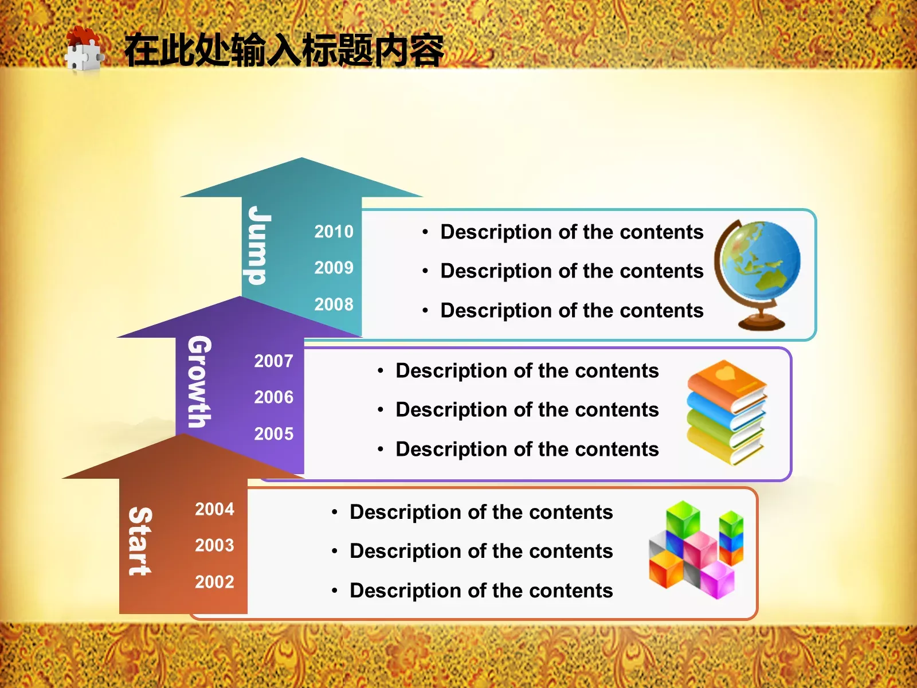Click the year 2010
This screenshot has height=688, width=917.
tap(334, 232)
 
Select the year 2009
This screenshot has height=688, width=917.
tap(334, 268)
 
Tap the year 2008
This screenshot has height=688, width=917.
tap(334, 304)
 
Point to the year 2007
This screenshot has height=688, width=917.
tap(273, 361)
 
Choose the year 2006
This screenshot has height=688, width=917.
tap(273, 397)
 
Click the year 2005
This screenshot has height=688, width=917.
tap(273, 434)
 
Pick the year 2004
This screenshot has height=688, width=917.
tap(214, 509)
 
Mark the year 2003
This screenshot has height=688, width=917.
tap(214, 545)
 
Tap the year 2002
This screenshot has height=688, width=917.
tap(214, 582)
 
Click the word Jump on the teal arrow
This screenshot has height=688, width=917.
tap(259, 245)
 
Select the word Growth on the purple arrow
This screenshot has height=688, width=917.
tap(200, 381)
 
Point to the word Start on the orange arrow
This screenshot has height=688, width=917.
tap(140, 541)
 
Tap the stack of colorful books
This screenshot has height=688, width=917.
tap(727, 412)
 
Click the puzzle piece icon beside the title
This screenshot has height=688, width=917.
tap(84, 50)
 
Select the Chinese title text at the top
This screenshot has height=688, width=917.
tap(284, 50)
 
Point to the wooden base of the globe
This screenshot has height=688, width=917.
tap(761, 322)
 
